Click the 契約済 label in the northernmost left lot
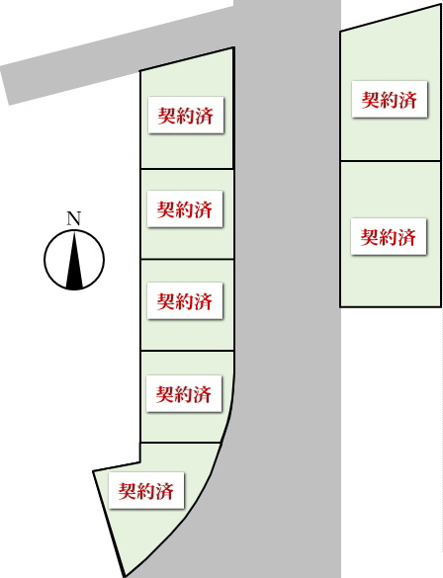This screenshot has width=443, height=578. pos(186,115)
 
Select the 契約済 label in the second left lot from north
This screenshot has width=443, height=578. pos(185,209)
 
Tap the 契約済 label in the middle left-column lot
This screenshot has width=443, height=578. pos(185,300)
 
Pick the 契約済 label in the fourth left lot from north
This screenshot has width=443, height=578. pos(184,393)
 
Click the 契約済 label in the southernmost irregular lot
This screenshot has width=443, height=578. pos(146,491)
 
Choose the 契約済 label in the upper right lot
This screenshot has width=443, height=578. pos(390,100)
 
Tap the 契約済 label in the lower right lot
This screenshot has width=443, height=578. pos(389,237)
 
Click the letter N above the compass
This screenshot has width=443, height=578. pos(74,218)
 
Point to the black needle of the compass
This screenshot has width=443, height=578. pos(74,260)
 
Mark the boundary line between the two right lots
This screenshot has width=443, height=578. pos(391,161)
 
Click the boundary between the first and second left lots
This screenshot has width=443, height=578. pos(187,169)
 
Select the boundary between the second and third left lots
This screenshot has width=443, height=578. pos(187,259)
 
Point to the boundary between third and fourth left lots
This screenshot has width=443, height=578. pos(187,351)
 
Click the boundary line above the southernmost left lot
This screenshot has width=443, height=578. pos(181,443)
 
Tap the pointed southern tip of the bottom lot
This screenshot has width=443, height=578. pos(125,576)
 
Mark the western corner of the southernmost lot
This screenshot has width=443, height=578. pos(93,471)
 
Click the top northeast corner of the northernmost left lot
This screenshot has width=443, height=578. pos(233,47)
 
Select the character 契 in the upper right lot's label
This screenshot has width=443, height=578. pos(371,100)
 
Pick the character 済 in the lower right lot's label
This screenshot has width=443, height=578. pos(406,237)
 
